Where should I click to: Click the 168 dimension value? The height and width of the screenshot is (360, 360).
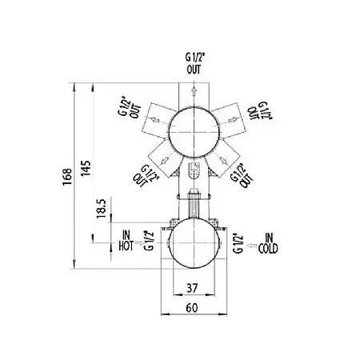(67, 177)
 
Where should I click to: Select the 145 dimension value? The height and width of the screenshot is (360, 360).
(86, 168)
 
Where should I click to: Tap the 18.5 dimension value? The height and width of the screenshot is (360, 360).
(102, 209)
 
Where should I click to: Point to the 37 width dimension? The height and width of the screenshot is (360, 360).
(192, 288)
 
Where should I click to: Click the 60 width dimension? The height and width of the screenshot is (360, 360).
(192, 308)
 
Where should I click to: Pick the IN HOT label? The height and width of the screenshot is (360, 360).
(126, 241)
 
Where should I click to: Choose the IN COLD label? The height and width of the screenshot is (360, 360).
(268, 243)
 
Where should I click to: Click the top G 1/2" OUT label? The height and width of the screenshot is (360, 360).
(194, 63)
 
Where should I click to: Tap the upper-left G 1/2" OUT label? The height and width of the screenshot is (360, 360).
(130, 109)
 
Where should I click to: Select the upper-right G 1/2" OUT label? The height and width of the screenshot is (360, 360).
(259, 110)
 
